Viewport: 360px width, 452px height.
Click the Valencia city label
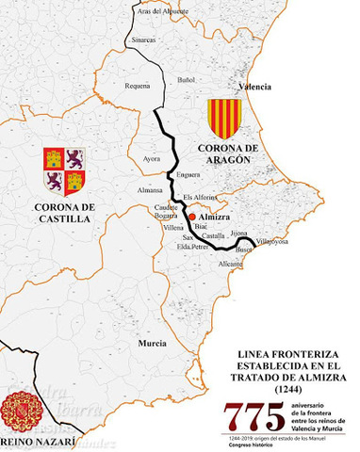255,86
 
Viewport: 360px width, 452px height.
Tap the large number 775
252,414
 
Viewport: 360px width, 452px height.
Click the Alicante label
231,266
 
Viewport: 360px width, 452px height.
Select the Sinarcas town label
145,40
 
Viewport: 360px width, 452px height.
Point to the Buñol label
187,80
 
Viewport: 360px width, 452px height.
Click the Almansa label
151,190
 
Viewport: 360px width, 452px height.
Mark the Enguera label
188,174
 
